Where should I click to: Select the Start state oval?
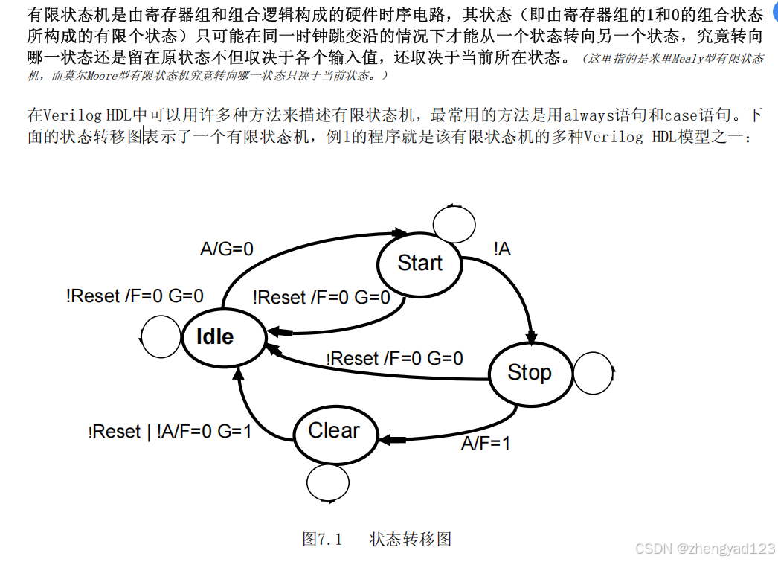419,263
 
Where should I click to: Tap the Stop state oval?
529,372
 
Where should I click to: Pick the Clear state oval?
333,431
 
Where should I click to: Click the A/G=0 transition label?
227,249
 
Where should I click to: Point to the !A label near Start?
502,249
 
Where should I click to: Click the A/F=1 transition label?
486,444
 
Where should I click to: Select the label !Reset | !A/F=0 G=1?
170,432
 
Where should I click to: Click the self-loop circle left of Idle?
160,339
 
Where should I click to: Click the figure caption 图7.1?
321,539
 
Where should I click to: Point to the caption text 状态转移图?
410,539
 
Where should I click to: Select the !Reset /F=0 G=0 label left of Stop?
394,359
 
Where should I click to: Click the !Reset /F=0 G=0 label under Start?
321,298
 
